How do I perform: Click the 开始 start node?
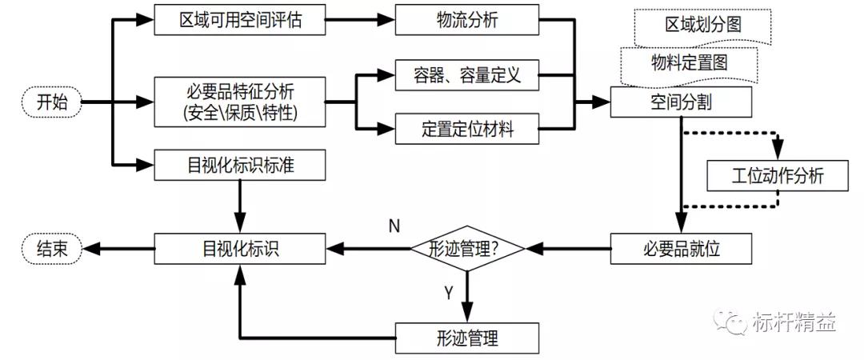click(x=53, y=102)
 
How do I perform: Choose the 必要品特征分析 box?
click(x=240, y=102)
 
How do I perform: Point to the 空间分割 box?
click(x=681, y=102)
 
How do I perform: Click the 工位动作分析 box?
click(x=777, y=175)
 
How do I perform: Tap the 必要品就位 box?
click(x=681, y=248)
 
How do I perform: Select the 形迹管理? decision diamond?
click(x=468, y=248)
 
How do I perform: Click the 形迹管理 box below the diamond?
click(x=468, y=338)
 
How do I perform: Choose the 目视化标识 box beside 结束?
click(x=240, y=248)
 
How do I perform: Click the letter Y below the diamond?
click(x=449, y=293)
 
